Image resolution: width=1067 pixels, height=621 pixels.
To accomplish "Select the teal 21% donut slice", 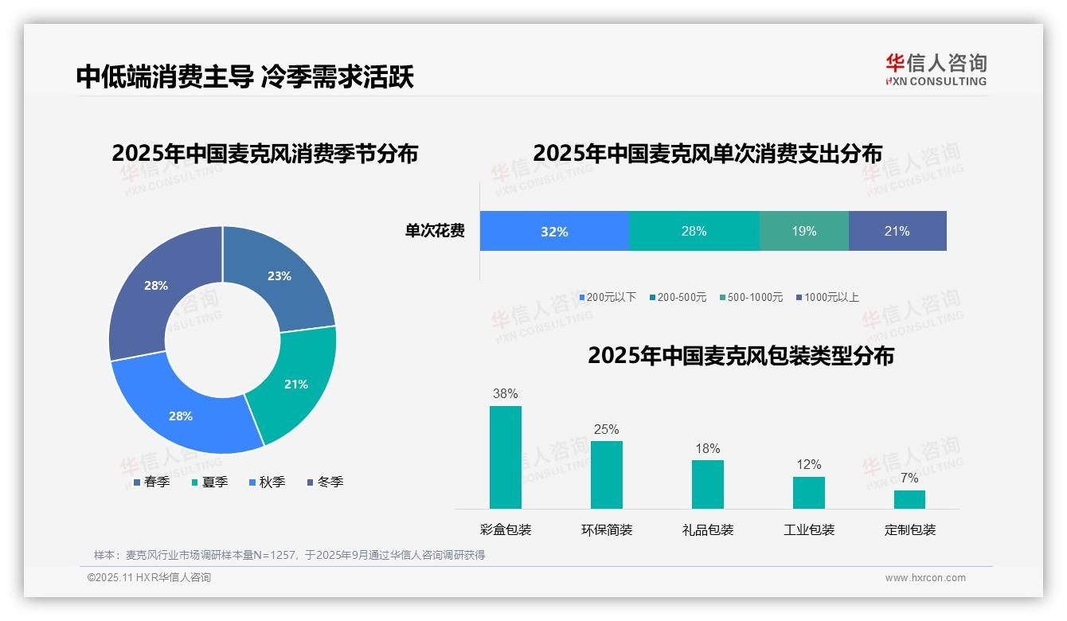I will pos(295,384).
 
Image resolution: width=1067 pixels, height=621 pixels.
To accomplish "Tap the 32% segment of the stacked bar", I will pos(554,232).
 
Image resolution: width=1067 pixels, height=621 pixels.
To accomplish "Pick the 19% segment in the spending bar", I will pos(804,232).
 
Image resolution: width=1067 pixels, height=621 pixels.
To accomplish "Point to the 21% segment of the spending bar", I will pos(897,232).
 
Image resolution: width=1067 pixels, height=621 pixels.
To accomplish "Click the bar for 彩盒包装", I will pos(506,457).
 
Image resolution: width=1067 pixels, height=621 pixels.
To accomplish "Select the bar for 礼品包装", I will pos(708,484).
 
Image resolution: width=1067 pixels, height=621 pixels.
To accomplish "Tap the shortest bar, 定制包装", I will pos(910,499).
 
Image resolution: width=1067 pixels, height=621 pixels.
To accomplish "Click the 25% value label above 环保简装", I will pos(606,430).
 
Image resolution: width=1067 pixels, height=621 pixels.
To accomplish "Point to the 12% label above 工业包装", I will pos(809,465).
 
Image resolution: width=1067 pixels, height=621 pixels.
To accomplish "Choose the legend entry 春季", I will pos(151,482).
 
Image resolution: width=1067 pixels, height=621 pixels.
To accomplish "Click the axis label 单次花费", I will pos(435,232).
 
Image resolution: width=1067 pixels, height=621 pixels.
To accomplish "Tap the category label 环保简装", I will pos(607,530).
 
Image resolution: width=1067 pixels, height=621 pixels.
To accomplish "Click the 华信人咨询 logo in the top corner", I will pos(936,69).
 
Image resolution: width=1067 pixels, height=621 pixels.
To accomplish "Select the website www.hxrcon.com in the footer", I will pos(925,578).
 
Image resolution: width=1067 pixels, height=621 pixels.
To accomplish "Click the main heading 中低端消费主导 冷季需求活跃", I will pos(245,76).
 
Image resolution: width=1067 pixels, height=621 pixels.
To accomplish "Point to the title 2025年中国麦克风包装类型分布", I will pos(741,356).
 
